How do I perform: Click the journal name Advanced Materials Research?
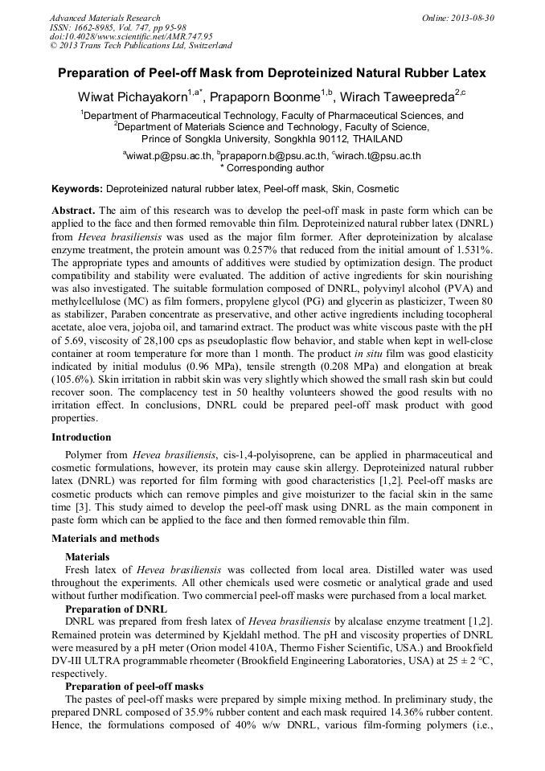[104, 18]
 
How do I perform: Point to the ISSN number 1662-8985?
[90, 27]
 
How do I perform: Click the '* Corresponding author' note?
[272, 168]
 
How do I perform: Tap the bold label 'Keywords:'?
[77, 189]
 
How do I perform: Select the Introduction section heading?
[81, 437]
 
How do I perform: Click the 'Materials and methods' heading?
[105, 538]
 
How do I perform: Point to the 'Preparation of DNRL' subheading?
[116, 609]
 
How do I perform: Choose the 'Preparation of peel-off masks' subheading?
[134, 687]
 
